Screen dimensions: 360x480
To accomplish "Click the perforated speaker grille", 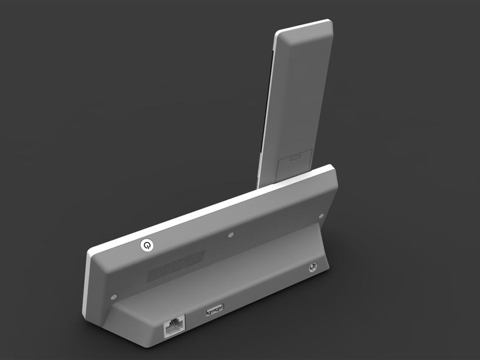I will coord(176,266).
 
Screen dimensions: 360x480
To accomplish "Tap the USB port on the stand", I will coord(214,309).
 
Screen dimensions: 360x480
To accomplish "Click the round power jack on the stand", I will coord(310,268).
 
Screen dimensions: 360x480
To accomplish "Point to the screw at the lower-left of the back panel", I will coord(114,296).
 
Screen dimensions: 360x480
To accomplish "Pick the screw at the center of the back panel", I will coord(231,235).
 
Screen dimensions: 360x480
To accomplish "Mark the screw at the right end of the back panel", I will coord(321,215).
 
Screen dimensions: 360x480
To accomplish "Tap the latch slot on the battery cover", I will coord(294,157).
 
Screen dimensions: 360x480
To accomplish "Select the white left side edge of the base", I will coord(85,281).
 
